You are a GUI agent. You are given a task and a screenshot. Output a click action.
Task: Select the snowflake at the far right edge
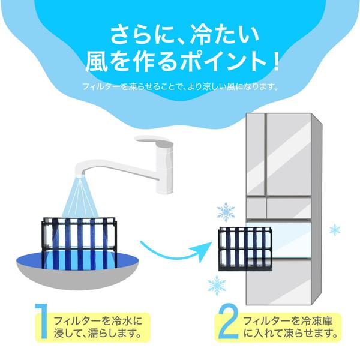click(x=335, y=230)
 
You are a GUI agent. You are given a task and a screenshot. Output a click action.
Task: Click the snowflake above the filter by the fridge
click(x=226, y=212)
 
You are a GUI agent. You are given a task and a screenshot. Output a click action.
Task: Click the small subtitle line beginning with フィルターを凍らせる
click(x=180, y=86)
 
